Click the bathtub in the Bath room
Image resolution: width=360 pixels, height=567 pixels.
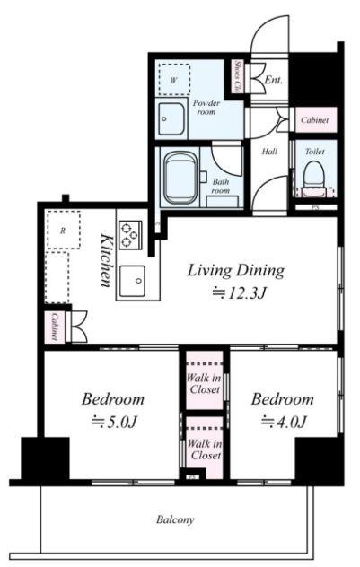[181, 178]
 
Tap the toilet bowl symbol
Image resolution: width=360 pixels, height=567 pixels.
[313, 174]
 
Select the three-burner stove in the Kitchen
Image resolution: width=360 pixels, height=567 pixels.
[130, 235]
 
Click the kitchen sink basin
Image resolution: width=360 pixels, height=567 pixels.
[133, 281]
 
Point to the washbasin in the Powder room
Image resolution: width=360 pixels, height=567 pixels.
[171, 118]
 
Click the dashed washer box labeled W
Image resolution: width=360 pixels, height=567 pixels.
[174, 80]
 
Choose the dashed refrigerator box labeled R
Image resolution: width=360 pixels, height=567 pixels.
[64, 231]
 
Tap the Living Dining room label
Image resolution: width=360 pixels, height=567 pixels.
[235, 271]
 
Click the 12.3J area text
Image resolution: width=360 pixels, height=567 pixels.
[239, 292]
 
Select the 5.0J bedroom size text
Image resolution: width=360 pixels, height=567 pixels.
[114, 422]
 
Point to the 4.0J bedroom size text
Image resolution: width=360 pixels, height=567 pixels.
[285, 422]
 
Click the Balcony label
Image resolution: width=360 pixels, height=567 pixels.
[175, 520]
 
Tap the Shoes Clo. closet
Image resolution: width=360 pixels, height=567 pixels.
[237, 76]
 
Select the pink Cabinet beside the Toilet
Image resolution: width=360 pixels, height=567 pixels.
[315, 119]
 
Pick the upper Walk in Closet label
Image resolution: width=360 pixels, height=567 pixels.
[204, 384]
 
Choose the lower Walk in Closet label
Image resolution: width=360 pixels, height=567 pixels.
[205, 449]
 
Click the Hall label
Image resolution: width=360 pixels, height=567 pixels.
[269, 152]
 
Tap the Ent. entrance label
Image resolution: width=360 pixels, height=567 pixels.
[273, 80]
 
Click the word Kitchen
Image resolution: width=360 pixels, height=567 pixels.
[106, 260]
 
